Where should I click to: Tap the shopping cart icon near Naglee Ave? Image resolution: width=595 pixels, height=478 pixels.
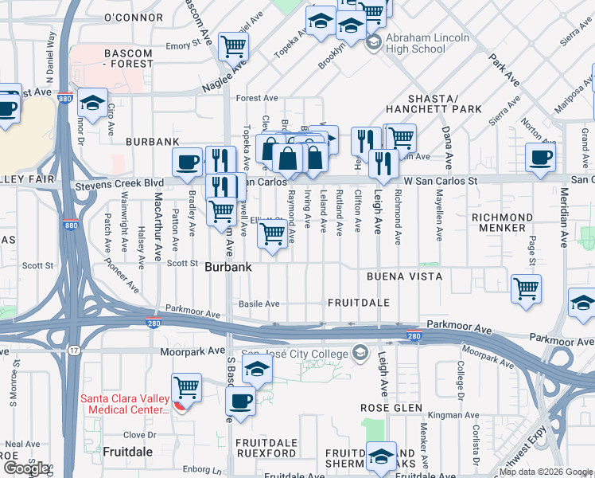(233, 47)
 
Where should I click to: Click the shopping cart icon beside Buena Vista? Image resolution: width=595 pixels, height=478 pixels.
(526, 288)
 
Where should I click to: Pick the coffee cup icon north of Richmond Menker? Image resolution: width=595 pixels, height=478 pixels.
(541, 158)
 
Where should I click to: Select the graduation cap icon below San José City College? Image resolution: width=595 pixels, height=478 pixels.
(257, 369)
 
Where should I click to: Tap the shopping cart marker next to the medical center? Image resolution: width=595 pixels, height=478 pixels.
(187, 389)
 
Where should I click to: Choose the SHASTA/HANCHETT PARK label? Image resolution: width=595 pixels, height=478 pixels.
(434, 102)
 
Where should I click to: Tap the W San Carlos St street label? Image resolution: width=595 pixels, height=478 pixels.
(440, 181)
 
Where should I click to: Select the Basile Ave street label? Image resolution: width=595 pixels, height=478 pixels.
(259, 304)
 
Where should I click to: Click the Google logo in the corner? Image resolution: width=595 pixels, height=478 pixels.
(26, 468)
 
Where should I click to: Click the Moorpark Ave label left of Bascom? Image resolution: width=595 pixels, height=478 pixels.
(192, 351)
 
